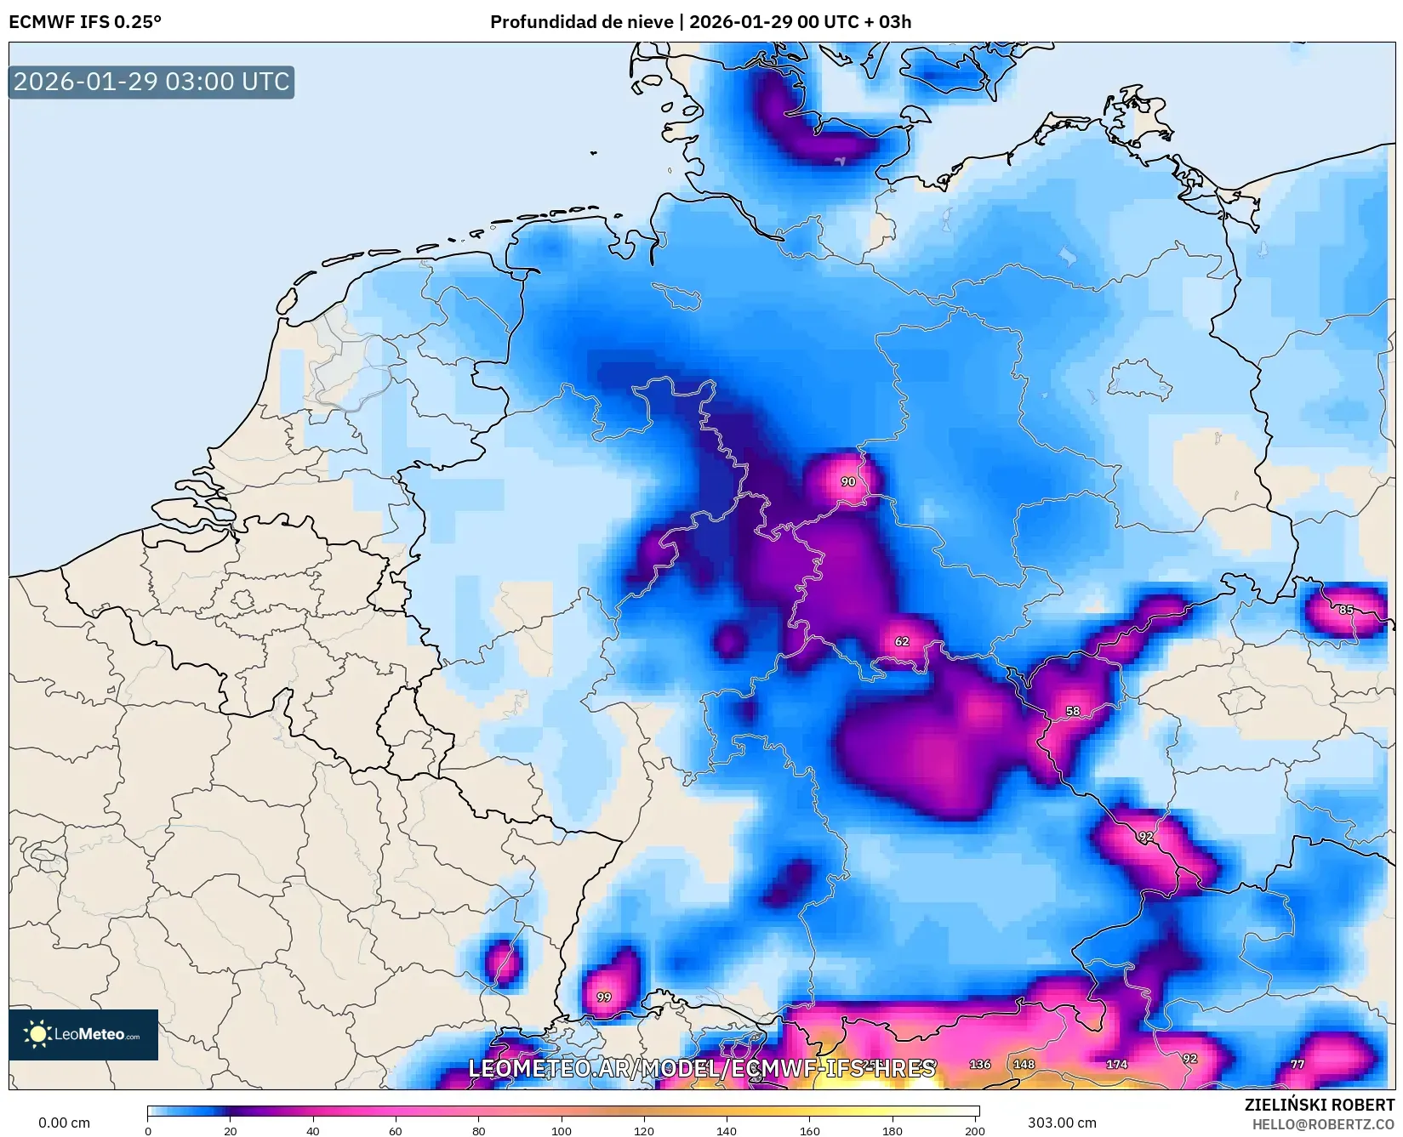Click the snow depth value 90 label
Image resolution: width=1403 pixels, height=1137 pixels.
click(x=847, y=481)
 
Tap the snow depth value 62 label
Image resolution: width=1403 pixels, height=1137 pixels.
click(x=902, y=641)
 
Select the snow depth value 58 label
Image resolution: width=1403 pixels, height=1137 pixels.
click(x=1073, y=711)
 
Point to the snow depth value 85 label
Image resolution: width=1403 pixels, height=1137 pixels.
click(x=1346, y=610)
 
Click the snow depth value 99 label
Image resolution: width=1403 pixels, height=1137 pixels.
click(x=603, y=997)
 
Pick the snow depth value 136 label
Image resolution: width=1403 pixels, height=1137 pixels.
click(x=980, y=1064)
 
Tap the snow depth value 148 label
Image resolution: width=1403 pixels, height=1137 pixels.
click(x=1024, y=1064)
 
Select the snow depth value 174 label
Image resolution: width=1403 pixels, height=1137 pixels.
click(x=1116, y=1064)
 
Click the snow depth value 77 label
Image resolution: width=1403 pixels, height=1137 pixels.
click(x=1297, y=1064)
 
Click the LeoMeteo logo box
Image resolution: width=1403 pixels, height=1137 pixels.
click(x=83, y=1034)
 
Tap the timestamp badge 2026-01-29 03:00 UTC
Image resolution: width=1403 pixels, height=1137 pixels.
click(x=151, y=82)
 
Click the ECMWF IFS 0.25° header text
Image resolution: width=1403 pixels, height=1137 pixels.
click(x=85, y=22)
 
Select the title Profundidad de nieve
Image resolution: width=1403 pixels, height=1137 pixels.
click(x=582, y=22)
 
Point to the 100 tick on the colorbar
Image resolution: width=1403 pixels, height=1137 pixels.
click(x=561, y=1130)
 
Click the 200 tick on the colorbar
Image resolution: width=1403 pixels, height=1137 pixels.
click(x=975, y=1130)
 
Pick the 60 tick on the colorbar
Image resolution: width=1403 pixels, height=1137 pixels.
click(x=396, y=1130)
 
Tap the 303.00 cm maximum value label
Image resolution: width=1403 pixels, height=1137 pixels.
click(x=1062, y=1123)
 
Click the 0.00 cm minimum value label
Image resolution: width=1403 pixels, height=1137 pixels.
click(x=64, y=1123)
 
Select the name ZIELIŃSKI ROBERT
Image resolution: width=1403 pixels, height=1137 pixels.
click(x=1320, y=1105)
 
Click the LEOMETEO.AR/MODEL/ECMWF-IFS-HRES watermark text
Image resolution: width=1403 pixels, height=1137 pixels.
click(x=702, y=1068)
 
